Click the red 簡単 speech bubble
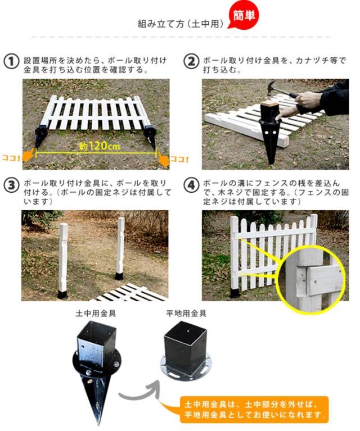244,15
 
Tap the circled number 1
11,61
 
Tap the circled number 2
191,61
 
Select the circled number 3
11,185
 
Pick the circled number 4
191,185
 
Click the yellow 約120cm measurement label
100,146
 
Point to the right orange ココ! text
179,159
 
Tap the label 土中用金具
96,314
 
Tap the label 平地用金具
186,314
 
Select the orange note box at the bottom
254,409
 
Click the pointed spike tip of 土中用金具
98,425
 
